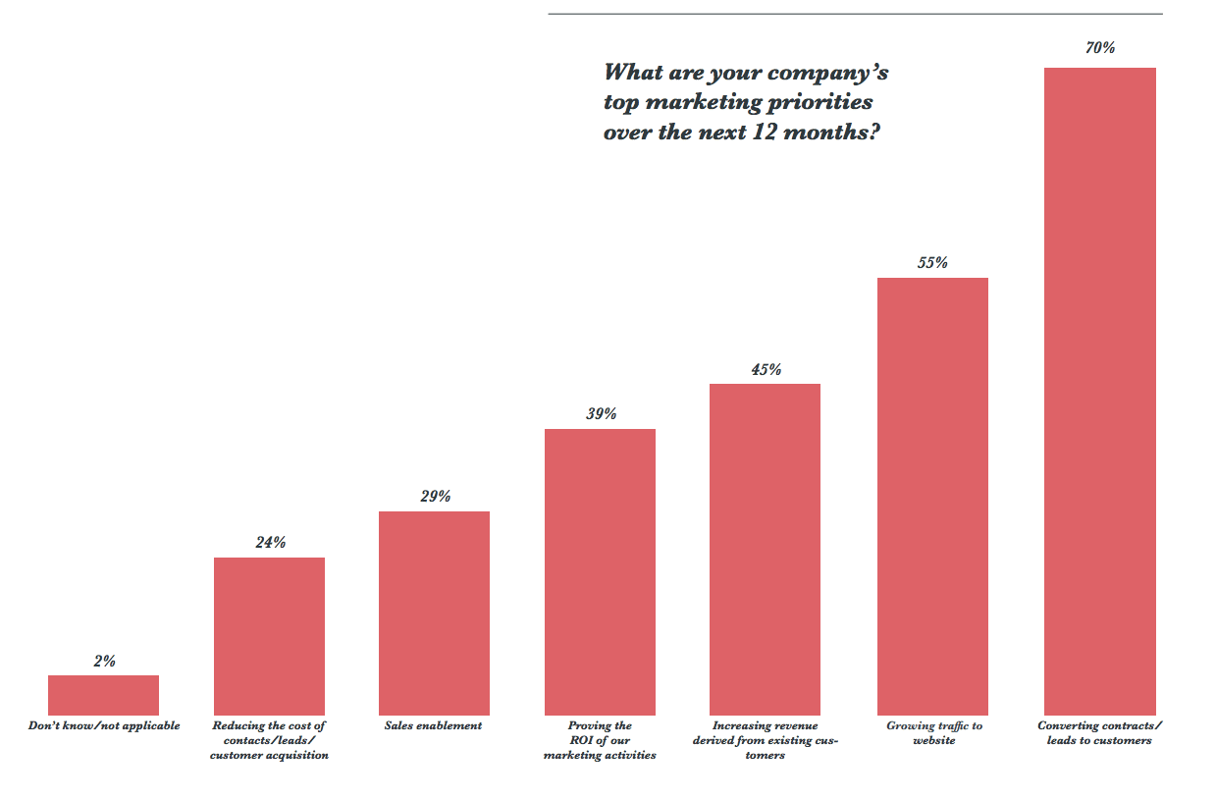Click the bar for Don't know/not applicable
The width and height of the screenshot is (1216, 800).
pos(103,695)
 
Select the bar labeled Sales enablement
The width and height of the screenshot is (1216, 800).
pos(434,613)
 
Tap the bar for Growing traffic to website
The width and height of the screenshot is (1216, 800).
pos(932,496)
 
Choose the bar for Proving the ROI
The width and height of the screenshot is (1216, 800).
pos(600,571)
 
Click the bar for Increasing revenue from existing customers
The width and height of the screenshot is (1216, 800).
pos(765,549)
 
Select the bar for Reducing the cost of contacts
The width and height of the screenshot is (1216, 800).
pos(269,636)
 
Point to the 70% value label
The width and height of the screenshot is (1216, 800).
pos(1100,47)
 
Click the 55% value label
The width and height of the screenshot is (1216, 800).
pos(932,262)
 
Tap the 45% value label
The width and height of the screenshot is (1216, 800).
pos(766,369)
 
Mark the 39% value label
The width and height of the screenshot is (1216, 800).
pos(601,413)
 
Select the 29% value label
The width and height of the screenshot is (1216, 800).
pos(435,496)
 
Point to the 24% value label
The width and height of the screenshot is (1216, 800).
pos(270,542)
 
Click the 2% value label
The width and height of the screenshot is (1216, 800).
pos(104,661)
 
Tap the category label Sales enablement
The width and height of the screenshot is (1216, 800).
pos(434,725)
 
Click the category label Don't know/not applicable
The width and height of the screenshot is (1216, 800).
pos(103,725)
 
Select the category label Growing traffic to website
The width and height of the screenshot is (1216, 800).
pos(933,732)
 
